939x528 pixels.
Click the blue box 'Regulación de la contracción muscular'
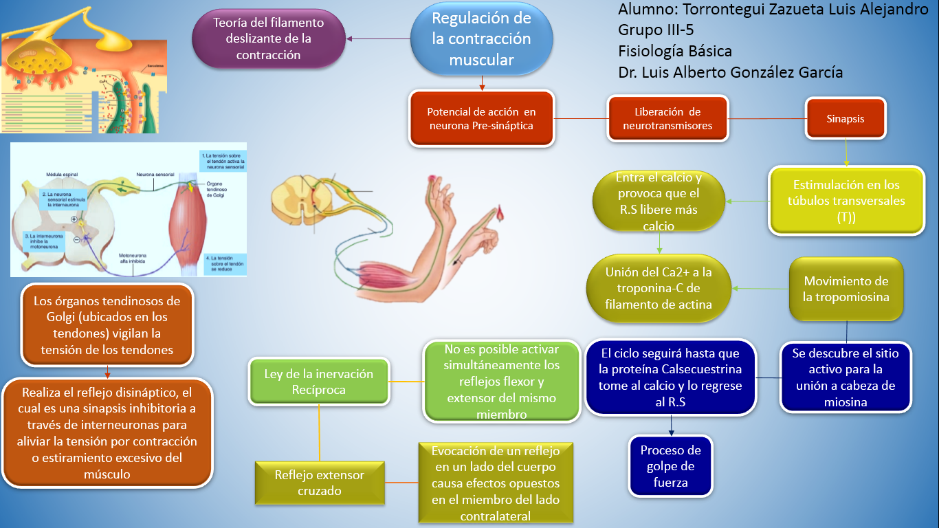(x=481, y=39)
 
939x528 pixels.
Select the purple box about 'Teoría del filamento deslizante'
(x=268, y=39)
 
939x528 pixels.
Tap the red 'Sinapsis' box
(x=846, y=118)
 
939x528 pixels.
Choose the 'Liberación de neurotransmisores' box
(x=667, y=118)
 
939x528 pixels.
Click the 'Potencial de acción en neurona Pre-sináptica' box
(x=481, y=118)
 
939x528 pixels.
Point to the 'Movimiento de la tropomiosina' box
(x=846, y=289)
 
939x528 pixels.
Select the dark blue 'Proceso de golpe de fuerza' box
(x=670, y=466)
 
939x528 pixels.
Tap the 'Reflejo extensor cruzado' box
(x=319, y=482)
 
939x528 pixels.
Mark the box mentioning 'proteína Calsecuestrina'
(x=670, y=377)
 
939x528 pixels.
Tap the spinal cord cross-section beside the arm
(x=299, y=199)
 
